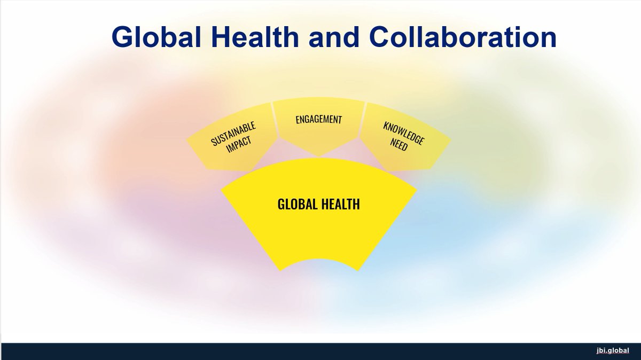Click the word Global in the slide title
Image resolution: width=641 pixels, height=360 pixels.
pos(156,37)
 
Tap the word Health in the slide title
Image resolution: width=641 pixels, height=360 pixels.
pos(255,37)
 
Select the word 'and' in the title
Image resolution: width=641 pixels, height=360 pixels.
pos(334,37)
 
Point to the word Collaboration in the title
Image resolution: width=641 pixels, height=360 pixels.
pos(463,37)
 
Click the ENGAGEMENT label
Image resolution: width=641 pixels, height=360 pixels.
pos(318,119)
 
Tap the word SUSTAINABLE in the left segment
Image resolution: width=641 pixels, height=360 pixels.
pos(233,134)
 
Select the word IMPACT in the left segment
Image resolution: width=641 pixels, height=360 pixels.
pos(239,144)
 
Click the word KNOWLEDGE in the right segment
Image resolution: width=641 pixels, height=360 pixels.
pos(404,134)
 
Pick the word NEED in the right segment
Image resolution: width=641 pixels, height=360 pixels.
pos(398,145)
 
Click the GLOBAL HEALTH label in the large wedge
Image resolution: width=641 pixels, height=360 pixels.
pos(318,205)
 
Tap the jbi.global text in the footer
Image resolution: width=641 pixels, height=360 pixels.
pos(613,350)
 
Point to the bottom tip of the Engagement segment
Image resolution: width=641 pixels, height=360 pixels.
pos(318,156)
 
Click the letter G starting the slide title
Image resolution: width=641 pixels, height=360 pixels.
pos(123,37)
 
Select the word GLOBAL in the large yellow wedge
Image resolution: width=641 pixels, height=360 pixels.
pos(298,205)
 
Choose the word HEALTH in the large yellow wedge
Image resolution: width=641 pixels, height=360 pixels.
pos(341,205)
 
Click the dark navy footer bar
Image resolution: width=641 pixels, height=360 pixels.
pos(320,351)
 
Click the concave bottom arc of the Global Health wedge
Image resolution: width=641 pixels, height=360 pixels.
pos(318,259)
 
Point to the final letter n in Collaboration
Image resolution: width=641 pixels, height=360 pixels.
pos(547,40)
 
